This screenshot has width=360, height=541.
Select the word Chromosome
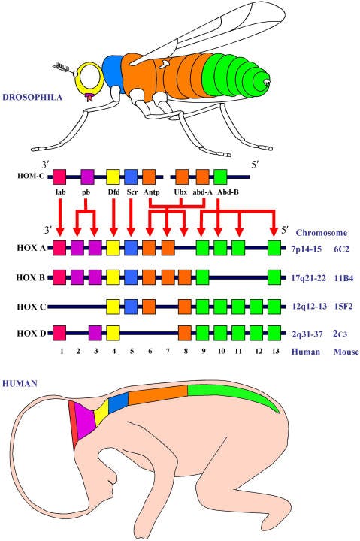tap(320, 232)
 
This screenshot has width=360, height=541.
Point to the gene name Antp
tap(149, 192)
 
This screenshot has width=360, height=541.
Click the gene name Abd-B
tap(220, 192)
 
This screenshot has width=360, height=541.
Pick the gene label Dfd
tap(113, 192)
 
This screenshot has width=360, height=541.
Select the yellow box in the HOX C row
tap(113, 305)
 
